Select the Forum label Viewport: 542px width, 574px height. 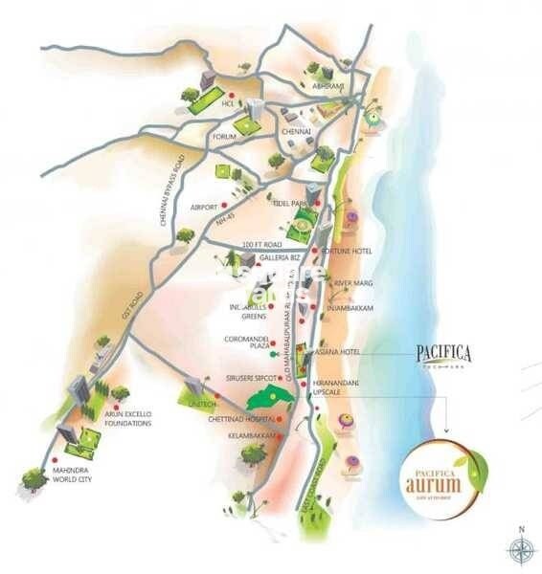tap(225, 137)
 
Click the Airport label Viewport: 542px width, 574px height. tap(203, 207)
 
